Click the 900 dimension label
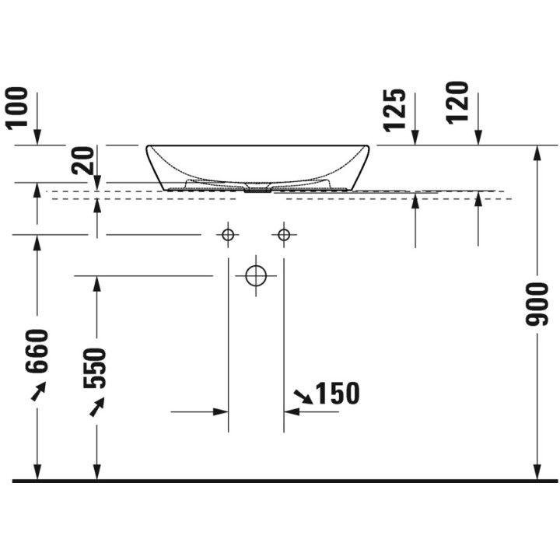click(x=537, y=304)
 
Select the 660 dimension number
click(x=37, y=351)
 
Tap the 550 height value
click(x=95, y=368)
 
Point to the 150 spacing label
click(x=338, y=394)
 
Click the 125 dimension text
click(x=394, y=110)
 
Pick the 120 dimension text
click(x=457, y=103)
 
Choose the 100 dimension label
click(x=16, y=107)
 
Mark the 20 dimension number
click(x=82, y=161)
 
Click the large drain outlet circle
click(x=256, y=275)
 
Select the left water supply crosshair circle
click(x=228, y=235)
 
